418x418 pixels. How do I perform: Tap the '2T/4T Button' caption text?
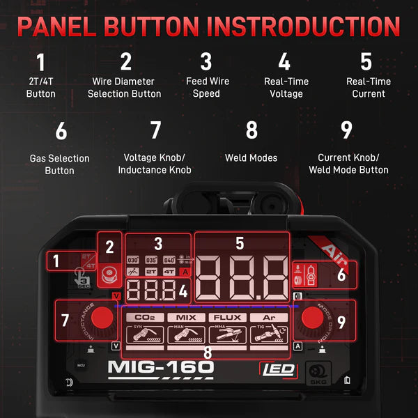tap(40, 88)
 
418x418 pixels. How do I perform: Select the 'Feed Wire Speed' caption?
tap(206, 88)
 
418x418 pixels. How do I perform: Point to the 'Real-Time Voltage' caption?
tap(286, 88)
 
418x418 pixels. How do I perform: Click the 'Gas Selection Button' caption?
tap(59, 164)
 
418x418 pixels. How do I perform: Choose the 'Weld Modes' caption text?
tap(251, 158)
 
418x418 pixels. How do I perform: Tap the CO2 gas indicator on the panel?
tap(144, 318)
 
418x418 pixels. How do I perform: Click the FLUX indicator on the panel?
tap(228, 318)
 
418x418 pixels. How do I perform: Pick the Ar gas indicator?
tap(269, 318)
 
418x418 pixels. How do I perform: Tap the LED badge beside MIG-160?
tap(278, 370)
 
